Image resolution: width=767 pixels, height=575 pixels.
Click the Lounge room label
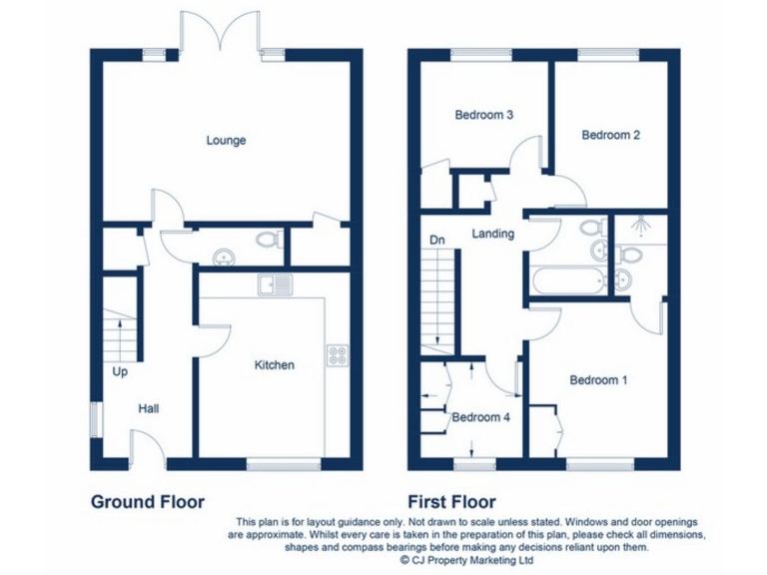(226, 141)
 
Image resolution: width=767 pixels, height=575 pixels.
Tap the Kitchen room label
(274, 365)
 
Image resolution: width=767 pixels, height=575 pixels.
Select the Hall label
(149, 408)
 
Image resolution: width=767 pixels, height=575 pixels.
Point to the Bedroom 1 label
(598, 380)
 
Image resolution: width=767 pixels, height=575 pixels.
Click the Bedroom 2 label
(610, 135)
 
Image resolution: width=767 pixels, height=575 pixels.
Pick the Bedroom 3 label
(484, 115)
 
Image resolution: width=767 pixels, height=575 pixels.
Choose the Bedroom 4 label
(481, 417)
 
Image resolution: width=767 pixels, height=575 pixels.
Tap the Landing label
(493, 235)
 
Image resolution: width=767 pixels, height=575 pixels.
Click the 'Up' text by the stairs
(120, 372)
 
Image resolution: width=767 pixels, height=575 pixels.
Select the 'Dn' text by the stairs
(436, 240)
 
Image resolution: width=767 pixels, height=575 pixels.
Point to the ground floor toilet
(265, 241)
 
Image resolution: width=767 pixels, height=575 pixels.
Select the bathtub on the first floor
(567, 281)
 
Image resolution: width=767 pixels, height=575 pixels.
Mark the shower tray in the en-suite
(638, 232)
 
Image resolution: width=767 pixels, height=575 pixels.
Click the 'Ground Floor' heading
(148, 501)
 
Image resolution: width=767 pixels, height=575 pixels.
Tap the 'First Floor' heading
(451, 501)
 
